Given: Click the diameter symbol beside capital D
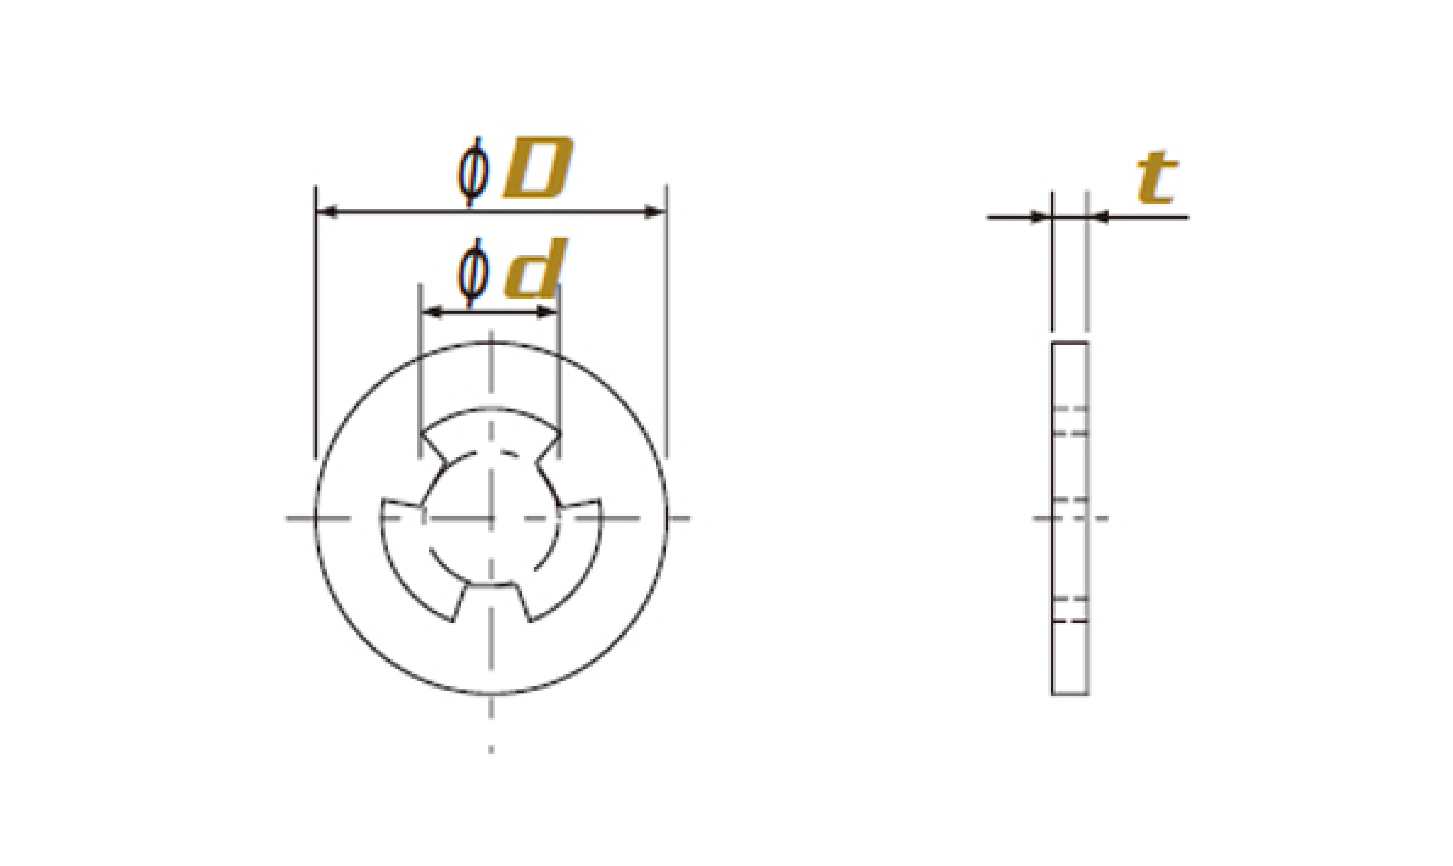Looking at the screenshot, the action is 472,171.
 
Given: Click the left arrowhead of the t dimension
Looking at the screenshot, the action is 1041,217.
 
